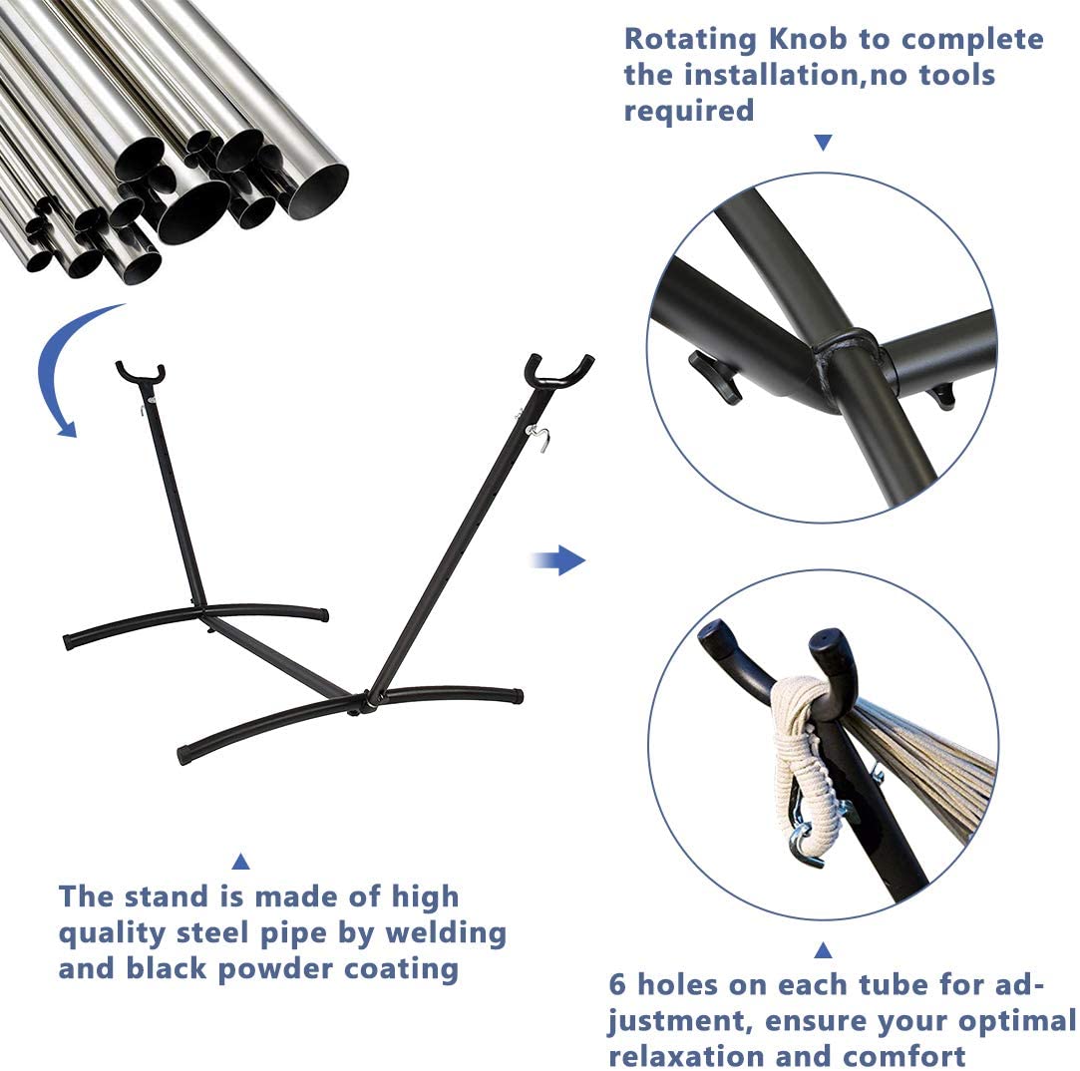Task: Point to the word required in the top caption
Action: [x=689, y=112]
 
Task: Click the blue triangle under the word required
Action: [x=823, y=143]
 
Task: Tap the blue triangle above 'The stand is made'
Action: [x=240, y=862]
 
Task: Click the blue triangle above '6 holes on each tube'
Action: [x=823, y=950]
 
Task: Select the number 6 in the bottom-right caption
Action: [x=617, y=985]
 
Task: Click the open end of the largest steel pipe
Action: [x=316, y=192]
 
